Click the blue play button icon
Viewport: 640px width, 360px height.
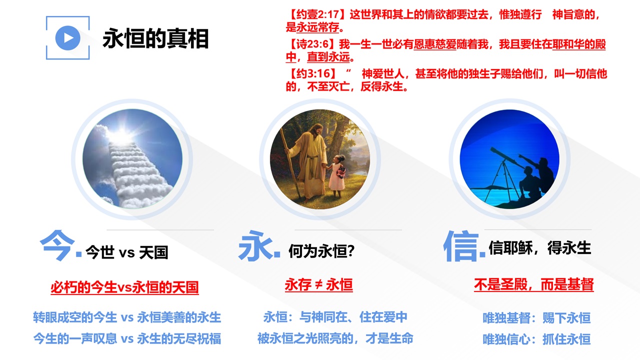[67, 37]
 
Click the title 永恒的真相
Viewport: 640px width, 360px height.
[155, 38]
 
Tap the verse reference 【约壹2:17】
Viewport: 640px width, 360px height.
[317, 14]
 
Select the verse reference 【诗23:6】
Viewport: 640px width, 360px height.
[312, 44]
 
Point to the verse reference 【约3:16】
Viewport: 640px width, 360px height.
[312, 73]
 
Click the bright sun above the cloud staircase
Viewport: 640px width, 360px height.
[122, 135]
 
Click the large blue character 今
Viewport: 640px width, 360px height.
[57, 245]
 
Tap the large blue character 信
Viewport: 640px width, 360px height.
[461, 246]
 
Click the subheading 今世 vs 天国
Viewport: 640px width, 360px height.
[127, 252]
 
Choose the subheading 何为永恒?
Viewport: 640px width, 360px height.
[321, 251]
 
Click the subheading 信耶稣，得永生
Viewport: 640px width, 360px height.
[539, 247]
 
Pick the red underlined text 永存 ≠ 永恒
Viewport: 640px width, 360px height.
[319, 284]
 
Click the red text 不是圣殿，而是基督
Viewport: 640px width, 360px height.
[533, 284]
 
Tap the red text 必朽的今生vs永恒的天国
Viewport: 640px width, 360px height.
[124, 287]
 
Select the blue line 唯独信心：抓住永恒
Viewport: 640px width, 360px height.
[536, 339]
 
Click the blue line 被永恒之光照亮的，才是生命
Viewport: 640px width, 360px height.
[335, 338]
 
